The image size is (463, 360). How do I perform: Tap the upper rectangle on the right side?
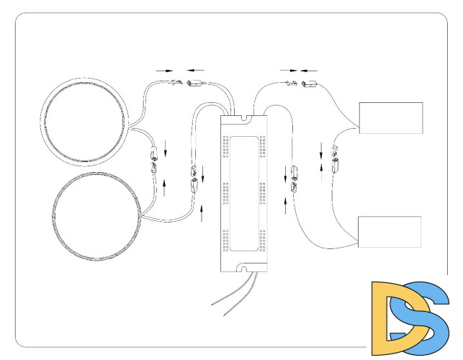coord(390,118)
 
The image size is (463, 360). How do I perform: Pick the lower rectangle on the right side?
coord(390,232)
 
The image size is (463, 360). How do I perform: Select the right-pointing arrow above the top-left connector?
coord(164,71)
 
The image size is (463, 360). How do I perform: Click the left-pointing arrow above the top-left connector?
coord(194,71)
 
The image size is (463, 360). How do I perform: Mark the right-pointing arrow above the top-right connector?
coord(288,71)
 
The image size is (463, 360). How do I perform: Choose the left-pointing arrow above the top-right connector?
coord(309,71)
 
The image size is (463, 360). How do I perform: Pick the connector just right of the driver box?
coord(294,179)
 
